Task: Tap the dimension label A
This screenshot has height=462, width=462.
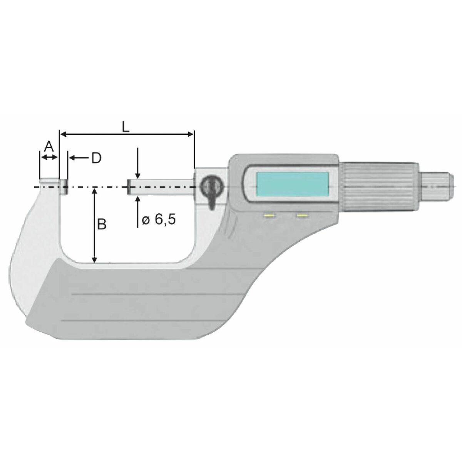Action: [x=49, y=146]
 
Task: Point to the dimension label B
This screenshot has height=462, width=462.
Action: [x=102, y=224]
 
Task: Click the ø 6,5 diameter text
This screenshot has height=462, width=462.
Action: [x=159, y=219]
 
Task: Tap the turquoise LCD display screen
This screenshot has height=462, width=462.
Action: [x=292, y=184]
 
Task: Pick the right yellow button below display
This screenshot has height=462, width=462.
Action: [x=303, y=216]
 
